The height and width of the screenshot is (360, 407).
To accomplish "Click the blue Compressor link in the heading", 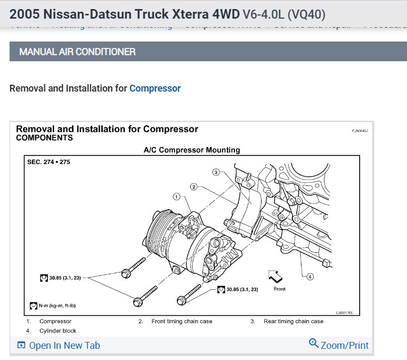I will coord(155,88).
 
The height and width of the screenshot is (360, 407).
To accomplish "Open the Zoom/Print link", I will coord(339,345).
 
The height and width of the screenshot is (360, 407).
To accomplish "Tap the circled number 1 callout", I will coord(176,197).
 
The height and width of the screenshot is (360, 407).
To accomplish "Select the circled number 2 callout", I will coord(194,186).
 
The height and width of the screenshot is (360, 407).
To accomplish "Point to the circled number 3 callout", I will coord(216,172).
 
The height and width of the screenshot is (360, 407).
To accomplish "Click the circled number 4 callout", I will coord(310,276).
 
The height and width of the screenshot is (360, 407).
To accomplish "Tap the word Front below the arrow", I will coord(279,289).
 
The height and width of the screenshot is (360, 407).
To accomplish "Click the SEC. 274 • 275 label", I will coord(48,162).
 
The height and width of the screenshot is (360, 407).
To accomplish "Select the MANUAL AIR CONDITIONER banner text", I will coord(77,52).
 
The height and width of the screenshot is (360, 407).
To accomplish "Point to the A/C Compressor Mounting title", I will coord(192,150).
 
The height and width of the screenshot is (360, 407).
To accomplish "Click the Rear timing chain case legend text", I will coord(293,321).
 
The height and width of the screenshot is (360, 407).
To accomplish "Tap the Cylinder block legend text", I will coord(58,331).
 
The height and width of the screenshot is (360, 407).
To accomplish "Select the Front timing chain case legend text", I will coord(182,321).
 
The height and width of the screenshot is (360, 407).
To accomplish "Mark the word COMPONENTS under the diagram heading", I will coord(44,138).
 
